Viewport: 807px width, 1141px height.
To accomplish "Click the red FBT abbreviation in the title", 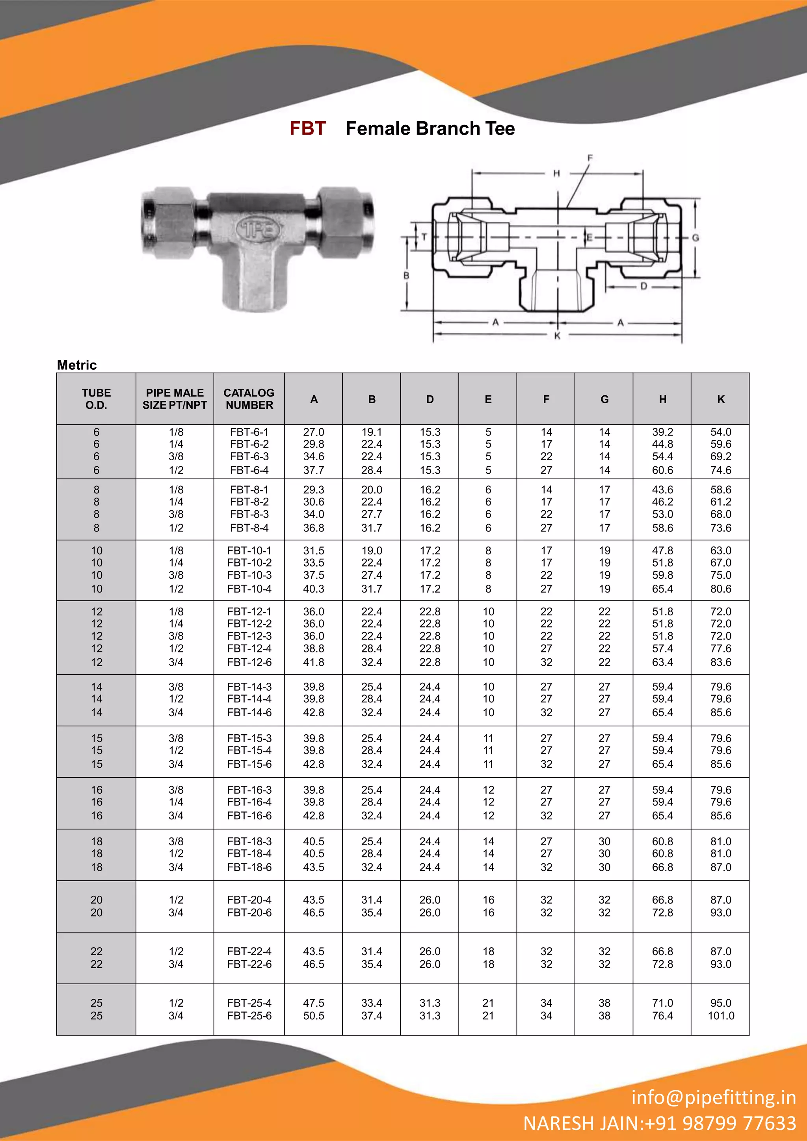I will click(x=307, y=128).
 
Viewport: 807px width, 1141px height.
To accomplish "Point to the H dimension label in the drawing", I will click(x=557, y=174).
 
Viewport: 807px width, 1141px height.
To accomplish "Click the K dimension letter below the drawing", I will click(x=558, y=336).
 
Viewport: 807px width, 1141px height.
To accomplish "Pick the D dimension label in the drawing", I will click(x=643, y=286).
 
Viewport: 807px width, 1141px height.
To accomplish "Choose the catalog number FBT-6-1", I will click(x=249, y=432).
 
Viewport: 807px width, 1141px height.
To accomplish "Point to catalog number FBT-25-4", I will click(x=249, y=1003).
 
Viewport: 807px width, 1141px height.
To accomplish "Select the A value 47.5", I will click(x=313, y=1003).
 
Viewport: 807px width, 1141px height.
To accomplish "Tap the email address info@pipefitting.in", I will click(x=713, y=1097).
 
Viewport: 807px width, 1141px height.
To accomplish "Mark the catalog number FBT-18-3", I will click(x=249, y=841).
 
